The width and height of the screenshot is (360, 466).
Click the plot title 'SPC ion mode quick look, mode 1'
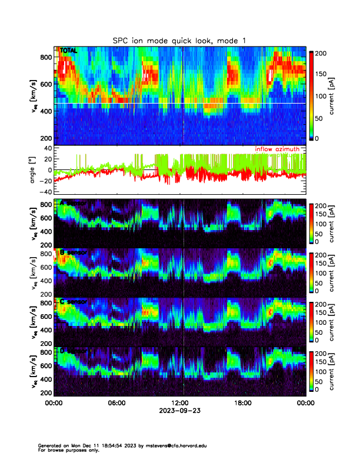pyautogui.click(x=179, y=40)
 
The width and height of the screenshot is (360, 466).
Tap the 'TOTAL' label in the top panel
pyautogui.click(x=69, y=51)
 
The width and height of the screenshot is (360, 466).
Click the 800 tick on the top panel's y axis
pyautogui.click(x=46, y=57)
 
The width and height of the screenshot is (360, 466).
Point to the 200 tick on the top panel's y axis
pyautogui.click(x=46, y=138)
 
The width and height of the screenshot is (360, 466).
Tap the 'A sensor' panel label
pyautogui.click(x=74, y=204)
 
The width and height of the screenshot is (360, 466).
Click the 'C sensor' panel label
pyautogui.click(x=74, y=302)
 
